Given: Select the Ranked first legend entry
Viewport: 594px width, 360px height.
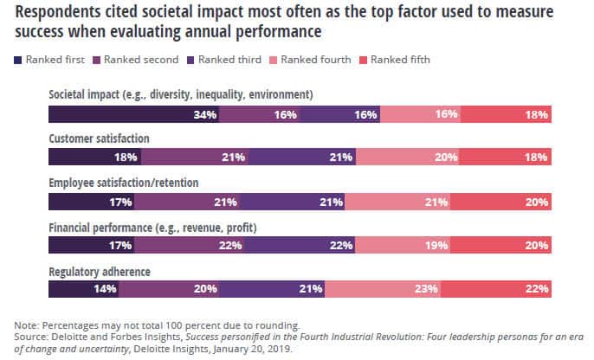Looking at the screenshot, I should coord(49,60).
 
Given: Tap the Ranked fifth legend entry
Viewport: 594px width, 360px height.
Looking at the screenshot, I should coord(397,60).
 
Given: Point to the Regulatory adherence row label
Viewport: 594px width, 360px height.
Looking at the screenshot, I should coord(100,272).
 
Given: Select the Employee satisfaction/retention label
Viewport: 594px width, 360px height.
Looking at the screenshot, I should coord(124,183).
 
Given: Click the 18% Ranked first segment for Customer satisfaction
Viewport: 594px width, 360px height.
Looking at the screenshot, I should coord(94,157).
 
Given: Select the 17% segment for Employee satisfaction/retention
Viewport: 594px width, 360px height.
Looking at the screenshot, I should coord(93,202).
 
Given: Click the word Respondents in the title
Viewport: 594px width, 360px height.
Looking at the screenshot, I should coord(60,13).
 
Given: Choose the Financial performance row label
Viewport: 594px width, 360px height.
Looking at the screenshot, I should coord(138,228).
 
